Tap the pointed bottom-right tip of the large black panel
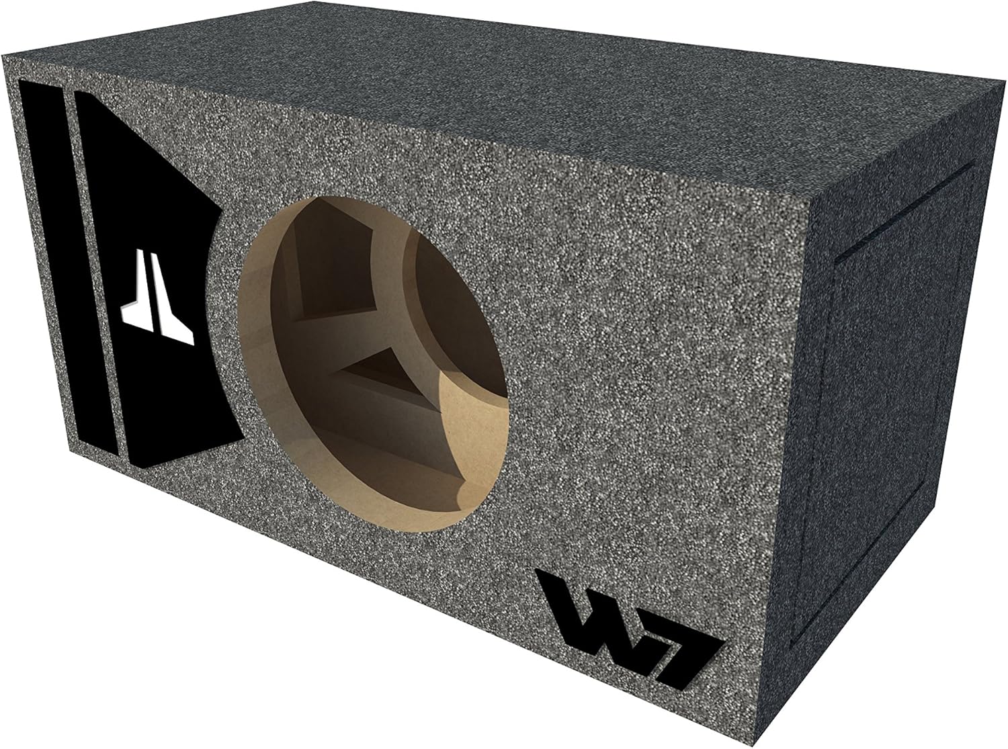pyautogui.click(x=242, y=440)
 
